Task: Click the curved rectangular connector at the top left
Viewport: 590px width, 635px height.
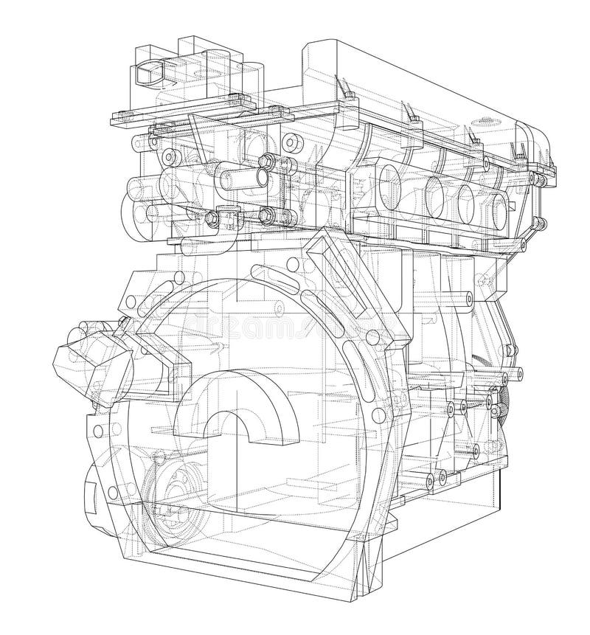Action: click(147, 74)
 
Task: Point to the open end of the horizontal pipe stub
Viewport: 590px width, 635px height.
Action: click(259, 177)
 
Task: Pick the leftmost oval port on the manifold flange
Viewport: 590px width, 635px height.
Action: click(392, 181)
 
